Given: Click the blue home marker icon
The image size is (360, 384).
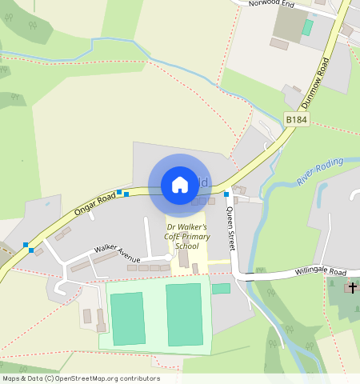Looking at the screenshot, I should pyautogui.click(x=180, y=185).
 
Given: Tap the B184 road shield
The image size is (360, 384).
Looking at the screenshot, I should pyautogui.click(x=296, y=120).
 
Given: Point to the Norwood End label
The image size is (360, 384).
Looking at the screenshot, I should pyautogui.click(x=271, y=4).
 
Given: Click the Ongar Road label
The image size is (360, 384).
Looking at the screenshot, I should pyautogui.click(x=95, y=203).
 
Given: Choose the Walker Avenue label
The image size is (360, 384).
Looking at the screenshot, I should pyautogui.click(x=117, y=254).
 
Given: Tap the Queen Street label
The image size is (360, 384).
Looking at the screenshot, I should pyautogui.click(x=230, y=228).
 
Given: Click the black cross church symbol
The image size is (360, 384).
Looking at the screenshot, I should pyautogui.click(x=354, y=287).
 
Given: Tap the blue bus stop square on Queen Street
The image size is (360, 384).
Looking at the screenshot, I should pyautogui.click(x=227, y=194).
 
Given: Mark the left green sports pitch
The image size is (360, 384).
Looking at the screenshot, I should pyautogui.click(x=127, y=318).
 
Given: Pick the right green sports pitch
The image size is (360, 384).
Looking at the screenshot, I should pyautogui.click(x=184, y=314).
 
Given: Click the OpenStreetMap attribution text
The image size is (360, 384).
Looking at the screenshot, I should pyautogui.click(x=81, y=378).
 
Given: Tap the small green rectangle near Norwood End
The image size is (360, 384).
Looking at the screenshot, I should pyautogui.click(x=307, y=27).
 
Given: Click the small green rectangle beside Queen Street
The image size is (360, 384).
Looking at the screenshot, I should pyautogui.click(x=221, y=288).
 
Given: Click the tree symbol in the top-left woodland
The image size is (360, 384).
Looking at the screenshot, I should pyautogui.click(x=33, y=26).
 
